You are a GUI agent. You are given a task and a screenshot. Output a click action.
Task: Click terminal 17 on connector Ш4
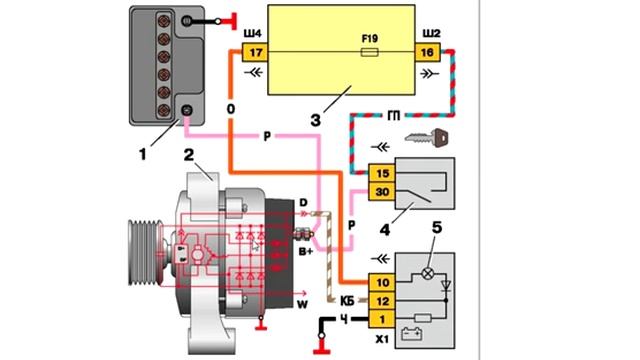click(x=255, y=52)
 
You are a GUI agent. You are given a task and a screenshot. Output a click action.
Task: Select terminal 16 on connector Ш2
click(x=427, y=52)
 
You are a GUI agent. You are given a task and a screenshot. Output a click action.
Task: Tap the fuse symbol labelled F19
click(x=369, y=52)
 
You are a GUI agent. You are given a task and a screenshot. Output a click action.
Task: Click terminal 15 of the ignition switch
click(x=382, y=173)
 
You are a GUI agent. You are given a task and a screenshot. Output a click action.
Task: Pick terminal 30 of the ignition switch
click(x=382, y=191)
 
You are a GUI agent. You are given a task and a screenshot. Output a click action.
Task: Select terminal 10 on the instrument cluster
click(x=382, y=282)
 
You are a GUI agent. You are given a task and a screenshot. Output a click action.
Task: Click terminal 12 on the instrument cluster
click(x=382, y=301)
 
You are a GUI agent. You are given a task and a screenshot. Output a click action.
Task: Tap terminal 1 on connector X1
click(x=382, y=319)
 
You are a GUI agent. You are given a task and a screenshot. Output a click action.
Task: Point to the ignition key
click(x=427, y=138)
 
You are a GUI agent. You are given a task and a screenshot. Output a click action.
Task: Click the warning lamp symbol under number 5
click(x=428, y=273)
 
